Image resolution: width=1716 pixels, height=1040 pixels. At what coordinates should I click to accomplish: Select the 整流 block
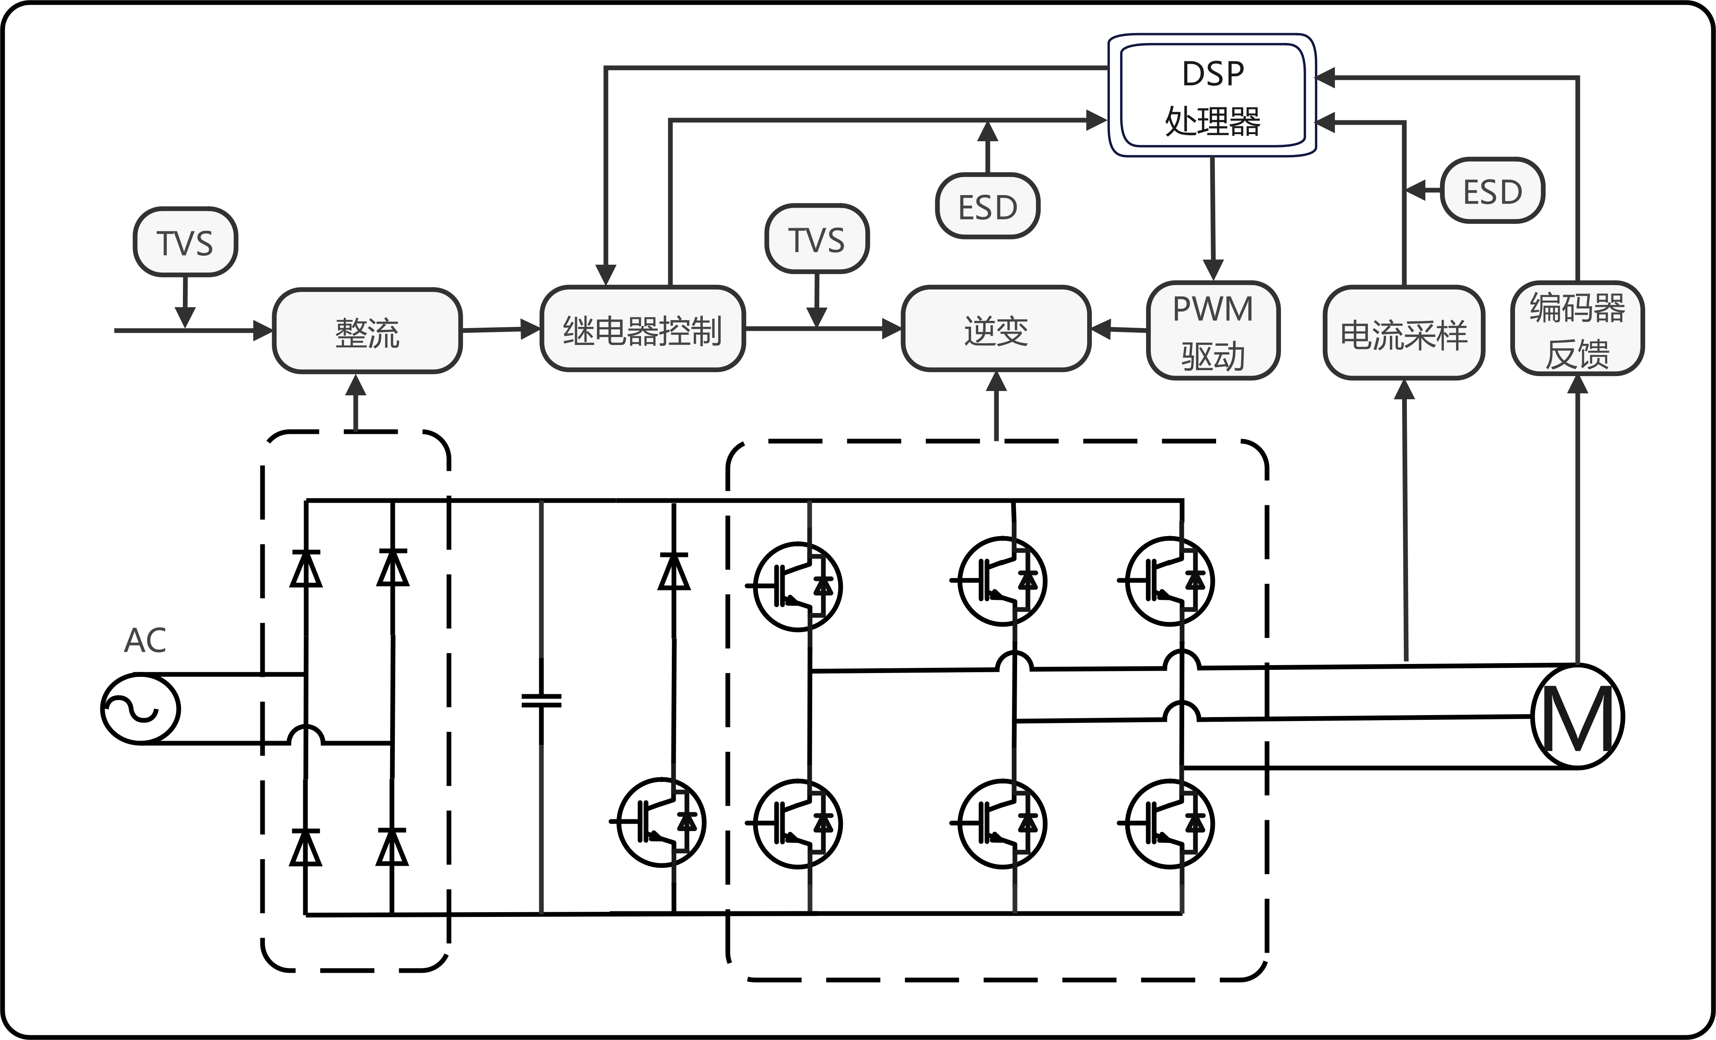(x=367, y=331)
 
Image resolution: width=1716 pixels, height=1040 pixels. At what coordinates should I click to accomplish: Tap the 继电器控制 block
(x=643, y=329)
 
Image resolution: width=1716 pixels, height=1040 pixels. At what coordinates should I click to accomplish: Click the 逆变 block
(x=996, y=329)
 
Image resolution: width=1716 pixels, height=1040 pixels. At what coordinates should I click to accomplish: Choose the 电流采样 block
(x=1403, y=333)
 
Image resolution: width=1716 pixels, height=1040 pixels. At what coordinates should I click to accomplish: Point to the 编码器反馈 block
(x=1578, y=329)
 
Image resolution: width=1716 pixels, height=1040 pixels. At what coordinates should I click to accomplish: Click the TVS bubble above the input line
(x=185, y=242)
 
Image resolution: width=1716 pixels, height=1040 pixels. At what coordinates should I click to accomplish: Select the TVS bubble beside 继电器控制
(x=817, y=239)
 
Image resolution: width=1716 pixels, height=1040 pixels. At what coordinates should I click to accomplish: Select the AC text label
(x=145, y=640)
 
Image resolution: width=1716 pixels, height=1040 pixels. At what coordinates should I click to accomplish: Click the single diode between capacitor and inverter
(x=673, y=571)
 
